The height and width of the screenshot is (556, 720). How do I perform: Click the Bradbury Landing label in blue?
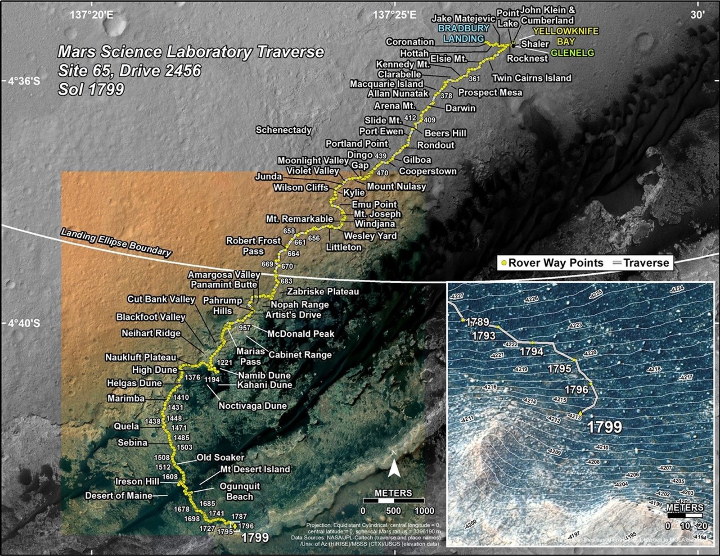point(464,33)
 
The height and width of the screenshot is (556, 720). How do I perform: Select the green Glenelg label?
point(572,53)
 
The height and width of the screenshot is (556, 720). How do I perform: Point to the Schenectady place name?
point(283,130)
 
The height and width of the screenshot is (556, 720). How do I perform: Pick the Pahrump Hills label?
point(223,306)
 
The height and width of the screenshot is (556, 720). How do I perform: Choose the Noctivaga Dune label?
point(252,406)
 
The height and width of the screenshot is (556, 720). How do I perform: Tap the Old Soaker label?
point(220,457)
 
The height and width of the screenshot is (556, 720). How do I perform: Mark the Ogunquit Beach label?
point(239,491)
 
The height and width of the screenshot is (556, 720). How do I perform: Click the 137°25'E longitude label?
point(395,15)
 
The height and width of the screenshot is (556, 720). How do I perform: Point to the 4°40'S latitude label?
point(23,323)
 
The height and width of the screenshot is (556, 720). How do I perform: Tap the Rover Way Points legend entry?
point(552,263)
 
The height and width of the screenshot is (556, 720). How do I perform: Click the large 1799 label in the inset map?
point(605,427)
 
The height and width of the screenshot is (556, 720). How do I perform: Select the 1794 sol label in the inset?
point(531,351)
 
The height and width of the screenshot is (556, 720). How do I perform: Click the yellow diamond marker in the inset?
point(580,413)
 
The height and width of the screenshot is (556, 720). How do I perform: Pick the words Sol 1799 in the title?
point(91,89)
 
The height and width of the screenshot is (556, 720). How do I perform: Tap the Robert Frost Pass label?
point(253,246)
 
